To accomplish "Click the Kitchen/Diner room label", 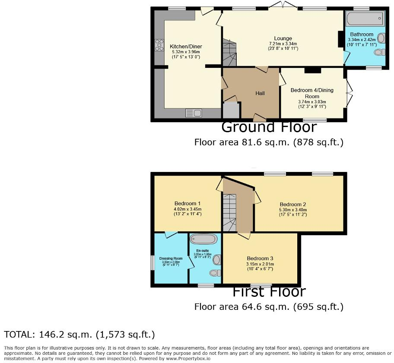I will pyautogui.click(x=186, y=47).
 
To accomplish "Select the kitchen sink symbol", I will pyautogui.click(x=194, y=113).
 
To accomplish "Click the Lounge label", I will pyautogui.click(x=283, y=38).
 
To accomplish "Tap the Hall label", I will pyautogui.click(x=260, y=93).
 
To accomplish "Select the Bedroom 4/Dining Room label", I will pyautogui.click(x=312, y=93).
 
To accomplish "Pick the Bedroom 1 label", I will pyautogui.click(x=187, y=204).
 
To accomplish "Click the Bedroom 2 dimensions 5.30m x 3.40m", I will pyautogui.click(x=293, y=210).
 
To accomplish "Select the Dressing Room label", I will pyautogui.click(x=171, y=258).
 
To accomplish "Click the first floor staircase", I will pyautogui.click(x=229, y=212).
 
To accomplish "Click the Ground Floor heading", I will pyautogui.click(x=269, y=127).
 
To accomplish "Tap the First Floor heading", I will pyautogui.click(x=269, y=292).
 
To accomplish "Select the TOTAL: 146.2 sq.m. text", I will pyautogui.click(x=79, y=334).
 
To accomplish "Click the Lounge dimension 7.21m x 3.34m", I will pyautogui.click(x=283, y=44).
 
